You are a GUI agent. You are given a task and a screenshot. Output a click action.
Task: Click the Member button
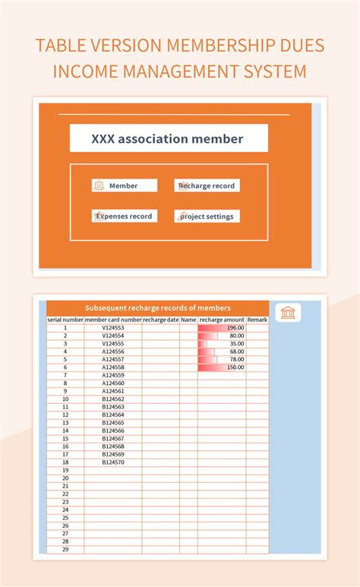coord(125,185)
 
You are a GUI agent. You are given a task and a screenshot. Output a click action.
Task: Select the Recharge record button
coord(207,185)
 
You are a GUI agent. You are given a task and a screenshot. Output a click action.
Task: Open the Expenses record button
coord(125,216)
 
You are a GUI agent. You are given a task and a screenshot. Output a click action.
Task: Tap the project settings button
coord(207,216)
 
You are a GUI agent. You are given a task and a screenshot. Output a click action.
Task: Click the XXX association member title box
coord(169,139)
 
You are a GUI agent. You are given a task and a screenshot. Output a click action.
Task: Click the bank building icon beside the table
coord(288,313)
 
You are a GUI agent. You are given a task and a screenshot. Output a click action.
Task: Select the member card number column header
coord(113,320)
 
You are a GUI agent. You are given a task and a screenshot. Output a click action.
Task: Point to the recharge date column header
coord(161,320)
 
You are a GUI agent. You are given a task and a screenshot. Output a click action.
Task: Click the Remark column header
coord(257,320)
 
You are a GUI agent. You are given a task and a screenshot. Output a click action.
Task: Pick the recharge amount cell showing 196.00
coord(222,328)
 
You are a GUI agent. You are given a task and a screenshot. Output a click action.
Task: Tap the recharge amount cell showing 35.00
coord(222,344)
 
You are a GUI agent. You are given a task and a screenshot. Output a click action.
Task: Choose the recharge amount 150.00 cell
coord(222,368)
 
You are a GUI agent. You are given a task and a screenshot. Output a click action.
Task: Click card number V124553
coord(113,328)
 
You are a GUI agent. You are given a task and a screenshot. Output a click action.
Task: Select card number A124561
coord(113,391)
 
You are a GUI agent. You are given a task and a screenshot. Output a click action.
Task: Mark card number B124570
coord(113,462)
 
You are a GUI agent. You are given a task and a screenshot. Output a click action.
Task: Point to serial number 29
coord(65,549)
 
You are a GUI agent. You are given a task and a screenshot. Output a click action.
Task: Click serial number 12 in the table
coord(65,415)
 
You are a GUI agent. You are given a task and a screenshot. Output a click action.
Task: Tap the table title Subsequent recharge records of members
coord(158,308)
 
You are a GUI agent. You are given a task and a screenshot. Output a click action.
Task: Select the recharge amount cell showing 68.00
coord(222,352)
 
